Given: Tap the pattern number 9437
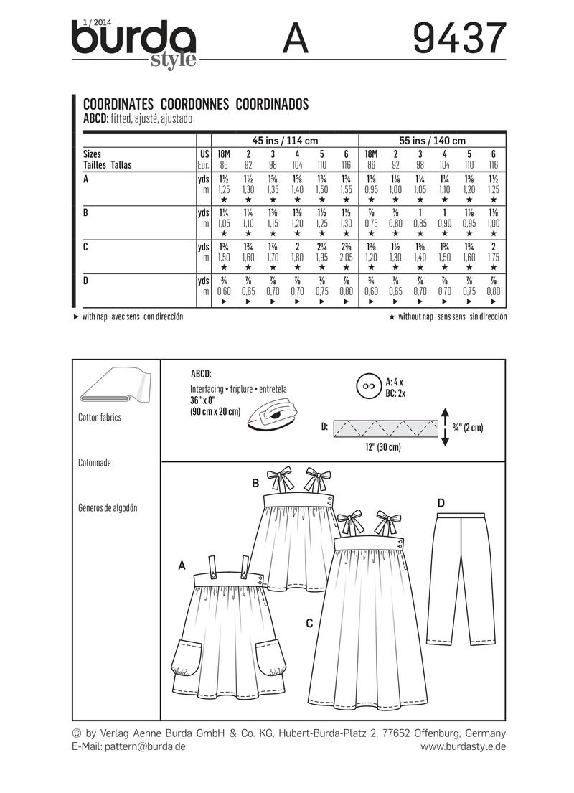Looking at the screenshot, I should pos(460,39).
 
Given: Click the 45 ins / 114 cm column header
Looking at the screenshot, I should pos(285,141).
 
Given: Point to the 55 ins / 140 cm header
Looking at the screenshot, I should pos(432,141).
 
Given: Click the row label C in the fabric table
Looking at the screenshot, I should pos(87,246).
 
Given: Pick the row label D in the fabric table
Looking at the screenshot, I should pos(87,281).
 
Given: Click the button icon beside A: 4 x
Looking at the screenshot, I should pos(368,386).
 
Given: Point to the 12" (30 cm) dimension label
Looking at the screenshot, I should pos(380,446).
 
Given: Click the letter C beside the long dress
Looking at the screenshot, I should pos(309,624).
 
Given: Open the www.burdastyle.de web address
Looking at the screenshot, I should pos(464,746).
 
